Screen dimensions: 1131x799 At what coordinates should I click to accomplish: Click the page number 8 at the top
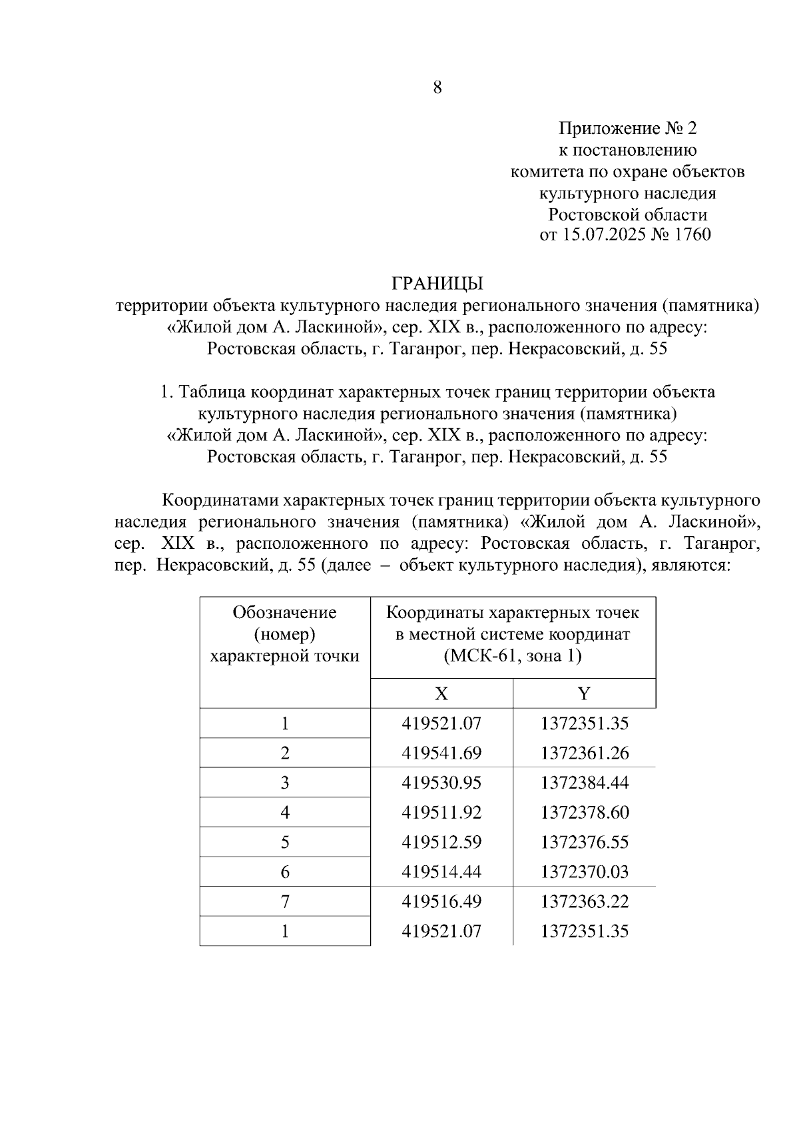[x=437, y=87]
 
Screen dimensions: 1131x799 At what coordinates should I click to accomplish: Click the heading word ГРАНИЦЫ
[x=437, y=284]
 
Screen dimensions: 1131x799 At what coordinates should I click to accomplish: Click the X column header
[x=441, y=694]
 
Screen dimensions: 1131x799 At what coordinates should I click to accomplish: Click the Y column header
[x=584, y=694]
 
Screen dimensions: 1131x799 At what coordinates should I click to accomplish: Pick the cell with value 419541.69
[x=441, y=753]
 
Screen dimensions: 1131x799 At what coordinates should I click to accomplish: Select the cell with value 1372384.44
[x=585, y=783]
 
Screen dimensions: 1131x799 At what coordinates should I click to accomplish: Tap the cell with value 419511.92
[x=441, y=813]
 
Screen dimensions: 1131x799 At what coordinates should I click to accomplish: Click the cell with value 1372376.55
[x=585, y=842]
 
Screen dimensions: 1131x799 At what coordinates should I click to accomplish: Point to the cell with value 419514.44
[x=441, y=872]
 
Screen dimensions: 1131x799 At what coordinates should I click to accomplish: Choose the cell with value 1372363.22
[x=585, y=902]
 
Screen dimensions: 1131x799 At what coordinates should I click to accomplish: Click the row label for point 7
[x=285, y=902]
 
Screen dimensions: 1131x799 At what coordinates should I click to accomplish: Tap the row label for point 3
[x=285, y=783]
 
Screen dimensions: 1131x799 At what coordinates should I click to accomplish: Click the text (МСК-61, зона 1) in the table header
[x=513, y=656]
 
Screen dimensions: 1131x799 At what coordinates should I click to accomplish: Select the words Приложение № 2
[x=627, y=128]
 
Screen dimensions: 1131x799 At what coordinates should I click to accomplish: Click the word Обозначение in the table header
[x=284, y=613]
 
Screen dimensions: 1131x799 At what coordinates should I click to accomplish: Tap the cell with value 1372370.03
[x=585, y=872]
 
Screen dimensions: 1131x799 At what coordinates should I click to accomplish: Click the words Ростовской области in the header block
[x=627, y=214]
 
